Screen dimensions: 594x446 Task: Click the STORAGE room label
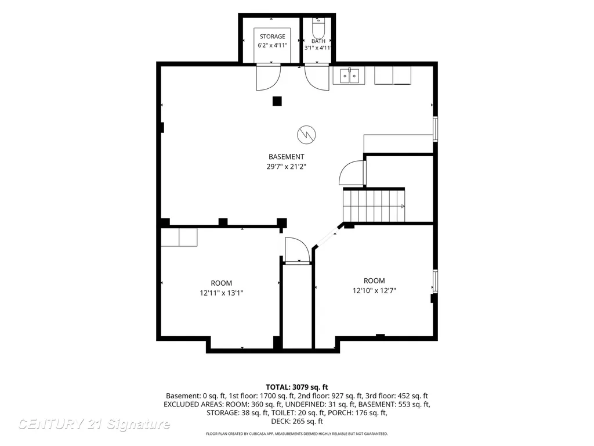click(x=273, y=37)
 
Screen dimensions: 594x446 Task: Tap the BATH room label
click(x=318, y=41)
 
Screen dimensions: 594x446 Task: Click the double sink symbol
click(x=349, y=76)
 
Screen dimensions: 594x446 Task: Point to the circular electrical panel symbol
click(x=306, y=135)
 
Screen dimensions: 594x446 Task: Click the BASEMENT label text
click(x=287, y=157)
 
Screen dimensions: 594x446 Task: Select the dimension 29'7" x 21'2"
click(x=287, y=167)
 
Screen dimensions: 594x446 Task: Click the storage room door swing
click(x=268, y=77)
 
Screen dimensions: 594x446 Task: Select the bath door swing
click(x=317, y=77)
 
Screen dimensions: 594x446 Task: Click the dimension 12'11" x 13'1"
click(x=222, y=293)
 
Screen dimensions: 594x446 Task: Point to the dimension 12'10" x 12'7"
click(x=374, y=290)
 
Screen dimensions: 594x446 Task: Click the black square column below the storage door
click(x=277, y=101)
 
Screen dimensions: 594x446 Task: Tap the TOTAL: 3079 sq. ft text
click(x=297, y=387)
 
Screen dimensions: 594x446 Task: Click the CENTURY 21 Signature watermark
click(x=94, y=424)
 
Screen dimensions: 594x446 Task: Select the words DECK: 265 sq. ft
click(x=297, y=422)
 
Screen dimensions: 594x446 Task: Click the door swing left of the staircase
click(x=352, y=173)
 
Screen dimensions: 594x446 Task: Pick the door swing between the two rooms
click(x=298, y=250)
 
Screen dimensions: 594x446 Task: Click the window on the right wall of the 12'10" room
click(x=435, y=281)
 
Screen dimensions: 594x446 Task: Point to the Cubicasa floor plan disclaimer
click(x=297, y=433)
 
